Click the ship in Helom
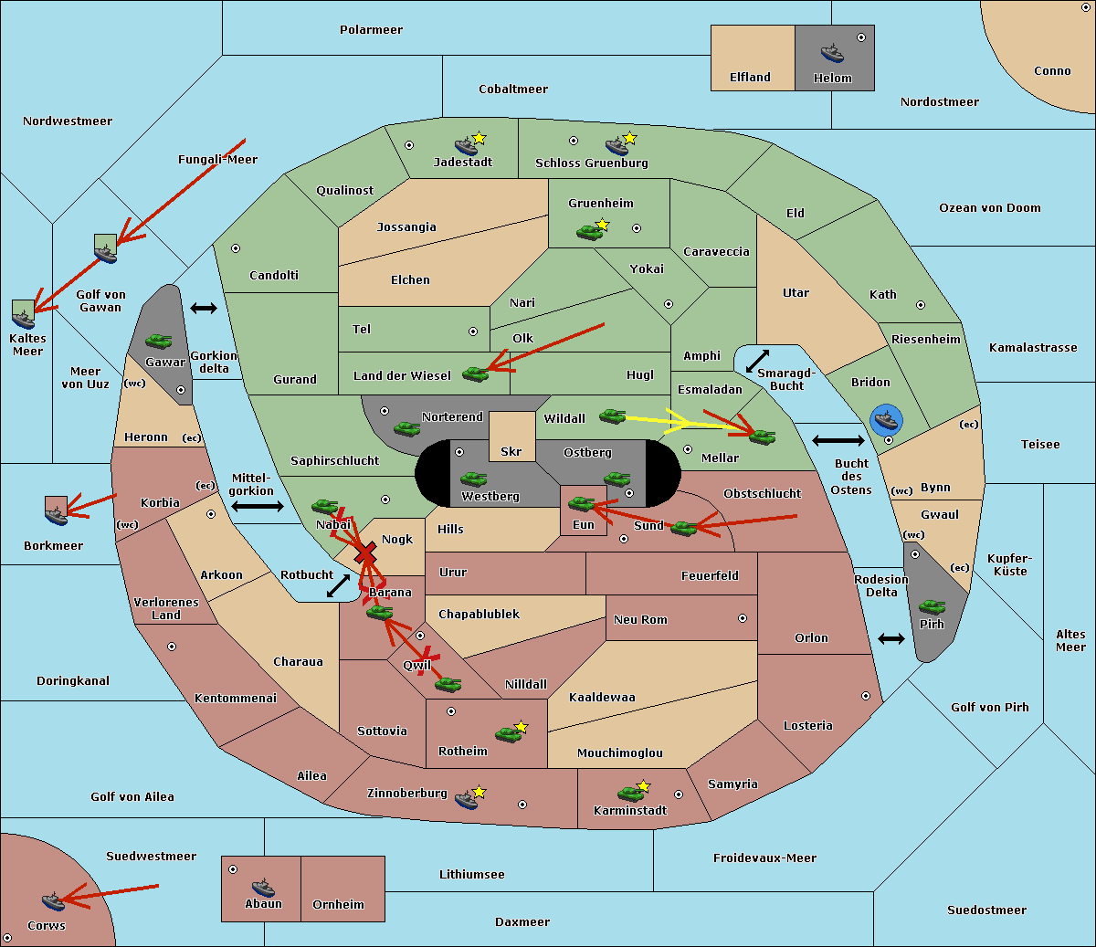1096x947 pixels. coord(832,52)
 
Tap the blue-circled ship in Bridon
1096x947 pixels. coord(886,420)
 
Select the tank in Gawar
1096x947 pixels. coord(159,341)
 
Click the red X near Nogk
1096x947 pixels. coord(366,553)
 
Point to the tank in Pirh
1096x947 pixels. coord(932,607)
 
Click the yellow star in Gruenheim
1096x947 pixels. coord(602,225)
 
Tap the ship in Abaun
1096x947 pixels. coord(263,887)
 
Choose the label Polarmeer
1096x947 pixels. coord(371,30)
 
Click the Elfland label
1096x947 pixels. coord(750,78)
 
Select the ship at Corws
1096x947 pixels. coord(53,900)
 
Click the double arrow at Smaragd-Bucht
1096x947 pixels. coord(757,361)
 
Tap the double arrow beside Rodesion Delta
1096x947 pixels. coord(891,638)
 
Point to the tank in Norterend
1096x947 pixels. coord(406,428)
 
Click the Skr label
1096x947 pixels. coord(511,451)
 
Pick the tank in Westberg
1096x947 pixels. coord(473,479)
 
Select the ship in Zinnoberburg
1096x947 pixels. coord(467,800)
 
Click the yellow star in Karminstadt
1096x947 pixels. coord(643,786)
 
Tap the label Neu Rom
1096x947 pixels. coord(640,620)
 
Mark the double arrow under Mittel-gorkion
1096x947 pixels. coord(258,506)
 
